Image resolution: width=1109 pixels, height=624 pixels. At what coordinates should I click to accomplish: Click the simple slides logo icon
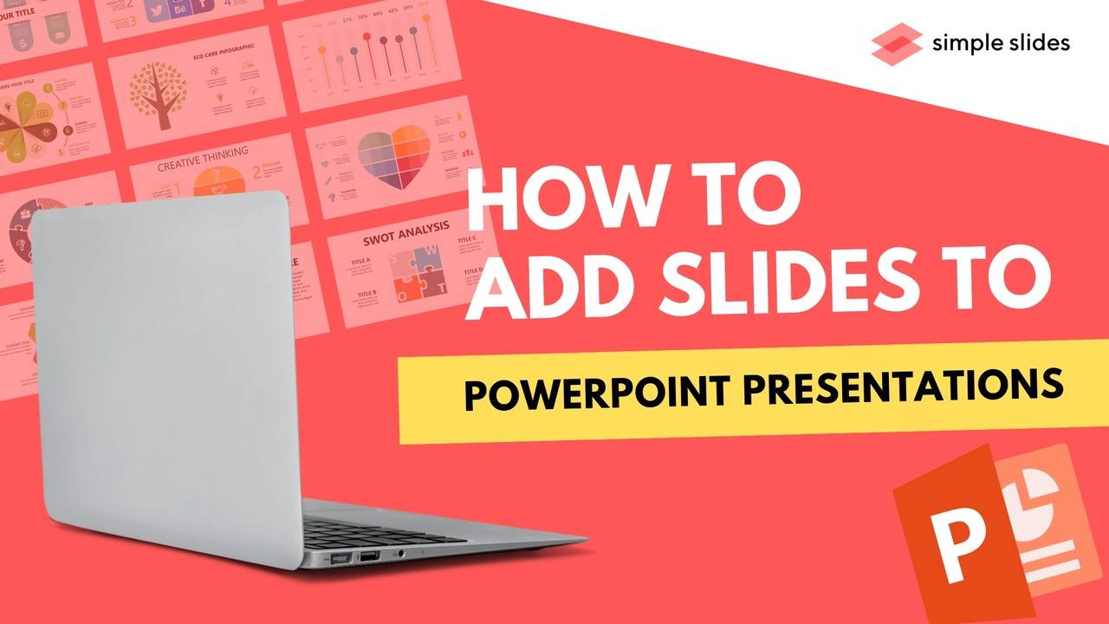896,43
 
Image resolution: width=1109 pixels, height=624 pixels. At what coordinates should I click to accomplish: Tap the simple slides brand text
1001,42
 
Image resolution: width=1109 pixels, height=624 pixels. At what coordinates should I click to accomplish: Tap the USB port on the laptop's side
369,555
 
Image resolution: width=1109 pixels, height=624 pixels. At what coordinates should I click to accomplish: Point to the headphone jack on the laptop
399,551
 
